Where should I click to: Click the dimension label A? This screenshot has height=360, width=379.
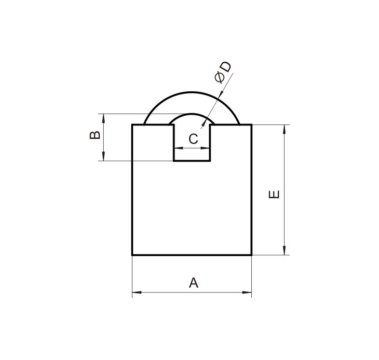[x=193, y=283]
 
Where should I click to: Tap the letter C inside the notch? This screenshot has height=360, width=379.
[x=193, y=139]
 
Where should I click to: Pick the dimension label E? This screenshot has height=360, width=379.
[x=274, y=194]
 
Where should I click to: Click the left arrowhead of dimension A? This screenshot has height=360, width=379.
[x=135, y=292]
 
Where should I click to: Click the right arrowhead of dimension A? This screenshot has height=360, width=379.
[x=248, y=292]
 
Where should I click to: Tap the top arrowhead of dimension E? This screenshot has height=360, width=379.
[x=285, y=128]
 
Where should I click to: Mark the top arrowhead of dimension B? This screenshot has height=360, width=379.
[x=102, y=117]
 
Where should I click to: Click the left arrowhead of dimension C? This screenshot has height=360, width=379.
[x=177, y=148]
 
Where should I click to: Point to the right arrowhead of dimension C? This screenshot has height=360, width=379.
[x=207, y=148]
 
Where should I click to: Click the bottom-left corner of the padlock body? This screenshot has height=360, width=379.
[x=133, y=254]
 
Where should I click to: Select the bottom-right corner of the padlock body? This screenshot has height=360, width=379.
[x=251, y=254]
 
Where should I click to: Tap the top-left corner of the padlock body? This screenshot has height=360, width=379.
[x=133, y=125]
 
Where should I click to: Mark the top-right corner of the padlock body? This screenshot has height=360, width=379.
[x=251, y=125]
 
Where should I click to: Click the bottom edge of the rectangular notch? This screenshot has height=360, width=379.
[x=192, y=160]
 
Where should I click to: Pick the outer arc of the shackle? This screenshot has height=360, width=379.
[x=192, y=91]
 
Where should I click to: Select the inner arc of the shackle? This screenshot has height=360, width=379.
[x=192, y=114]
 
